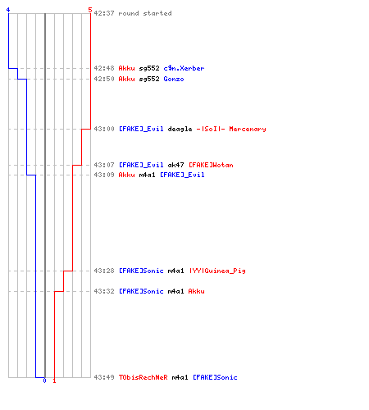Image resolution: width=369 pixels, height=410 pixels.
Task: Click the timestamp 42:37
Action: [104, 13]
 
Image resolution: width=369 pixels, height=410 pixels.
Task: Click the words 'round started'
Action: [145, 13]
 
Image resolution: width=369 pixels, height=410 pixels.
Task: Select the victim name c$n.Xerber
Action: [184, 68]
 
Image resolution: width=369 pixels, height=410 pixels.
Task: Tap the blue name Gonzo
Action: [174, 79]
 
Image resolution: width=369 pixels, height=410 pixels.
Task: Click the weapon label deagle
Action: [180, 129]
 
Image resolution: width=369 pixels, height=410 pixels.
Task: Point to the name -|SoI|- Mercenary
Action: [231, 129]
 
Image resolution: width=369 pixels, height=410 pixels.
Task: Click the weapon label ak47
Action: [175, 165]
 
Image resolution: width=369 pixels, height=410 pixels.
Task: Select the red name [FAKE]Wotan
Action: [211, 165]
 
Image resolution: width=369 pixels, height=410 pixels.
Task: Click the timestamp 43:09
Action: [104, 175]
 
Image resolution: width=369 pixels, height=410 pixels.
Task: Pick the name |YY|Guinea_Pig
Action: [217, 271]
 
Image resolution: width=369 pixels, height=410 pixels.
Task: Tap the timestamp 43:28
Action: [104, 271]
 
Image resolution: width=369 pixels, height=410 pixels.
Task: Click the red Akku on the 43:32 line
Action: [196, 291]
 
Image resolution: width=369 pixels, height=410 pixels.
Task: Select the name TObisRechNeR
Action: [143, 377]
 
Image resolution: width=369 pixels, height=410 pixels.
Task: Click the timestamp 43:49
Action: [104, 377]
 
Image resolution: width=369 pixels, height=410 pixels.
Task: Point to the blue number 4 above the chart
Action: [8, 10]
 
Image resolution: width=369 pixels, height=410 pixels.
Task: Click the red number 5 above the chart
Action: [90, 10]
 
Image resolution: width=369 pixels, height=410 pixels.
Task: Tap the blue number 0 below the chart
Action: [45, 380]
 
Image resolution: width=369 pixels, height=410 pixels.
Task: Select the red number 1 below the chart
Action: [54, 380]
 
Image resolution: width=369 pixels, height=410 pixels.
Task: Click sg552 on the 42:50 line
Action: [149, 79]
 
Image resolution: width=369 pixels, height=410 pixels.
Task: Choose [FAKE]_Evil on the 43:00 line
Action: [141, 129]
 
